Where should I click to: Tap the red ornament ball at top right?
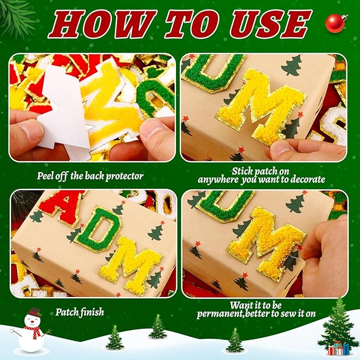[x=335, y=23]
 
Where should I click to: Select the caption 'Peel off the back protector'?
[x=91, y=176]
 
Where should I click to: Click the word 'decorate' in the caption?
[x=306, y=180]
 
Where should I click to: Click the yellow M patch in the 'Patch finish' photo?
[x=130, y=266]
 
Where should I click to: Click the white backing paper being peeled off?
[x=64, y=117]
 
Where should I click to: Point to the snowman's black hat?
[x=34, y=312]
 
